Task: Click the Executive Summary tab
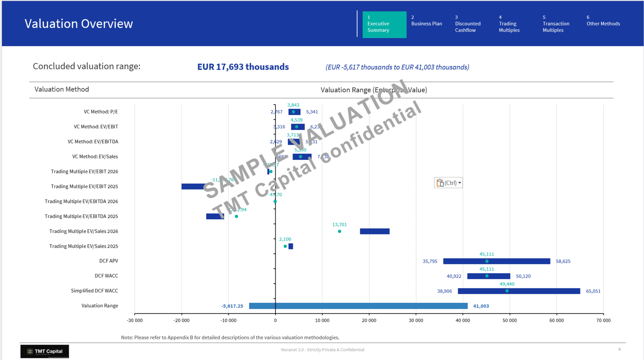pyautogui.click(x=384, y=25)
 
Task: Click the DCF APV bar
pyautogui.click(x=496, y=261)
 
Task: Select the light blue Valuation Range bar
pyautogui.click(x=358, y=306)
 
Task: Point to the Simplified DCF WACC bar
pyautogui.click(x=519, y=291)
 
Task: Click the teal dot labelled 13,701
pyautogui.click(x=340, y=231)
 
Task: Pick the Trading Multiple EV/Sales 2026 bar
pyautogui.click(x=374, y=231)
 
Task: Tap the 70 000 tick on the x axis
pyautogui.click(x=603, y=321)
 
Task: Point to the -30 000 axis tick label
pyautogui.click(x=135, y=321)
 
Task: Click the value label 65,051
pyautogui.click(x=593, y=291)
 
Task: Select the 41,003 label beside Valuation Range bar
pyautogui.click(x=481, y=306)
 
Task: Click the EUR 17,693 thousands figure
pyautogui.click(x=243, y=67)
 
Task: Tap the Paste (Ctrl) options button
pyautogui.click(x=448, y=183)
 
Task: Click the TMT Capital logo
pyautogui.click(x=45, y=351)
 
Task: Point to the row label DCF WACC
pyautogui.click(x=106, y=276)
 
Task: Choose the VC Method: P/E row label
pyautogui.click(x=101, y=112)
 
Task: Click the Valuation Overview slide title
pyautogui.click(x=78, y=24)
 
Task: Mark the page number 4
pyautogui.click(x=619, y=349)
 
